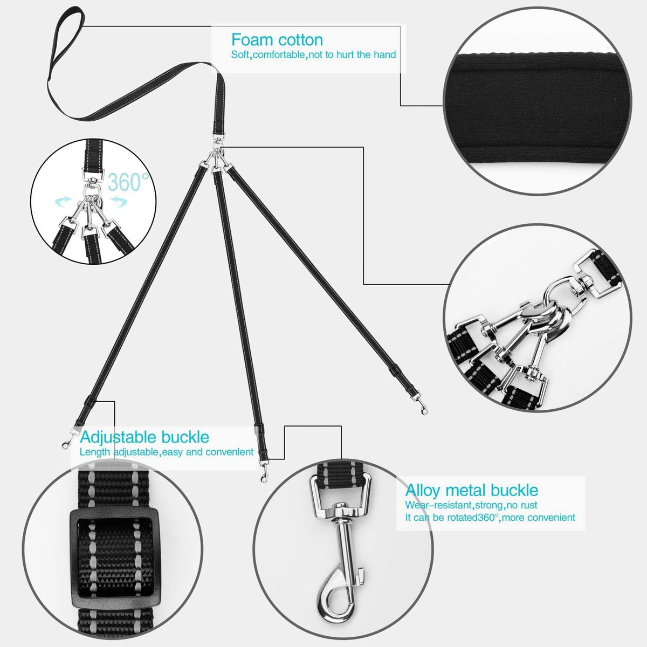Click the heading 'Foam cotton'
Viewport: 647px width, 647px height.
(277, 40)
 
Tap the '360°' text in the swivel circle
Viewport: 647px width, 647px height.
(128, 182)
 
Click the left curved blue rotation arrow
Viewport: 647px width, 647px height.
(64, 202)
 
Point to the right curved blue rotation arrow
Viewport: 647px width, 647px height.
(119, 202)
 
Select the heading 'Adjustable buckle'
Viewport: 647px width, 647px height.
(144, 437)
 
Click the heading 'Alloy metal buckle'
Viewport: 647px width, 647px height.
(471, 490)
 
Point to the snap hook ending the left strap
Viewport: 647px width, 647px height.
(68, 439)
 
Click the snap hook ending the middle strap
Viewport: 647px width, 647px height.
(264, 472)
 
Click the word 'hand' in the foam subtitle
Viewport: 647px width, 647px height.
(386, 54)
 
